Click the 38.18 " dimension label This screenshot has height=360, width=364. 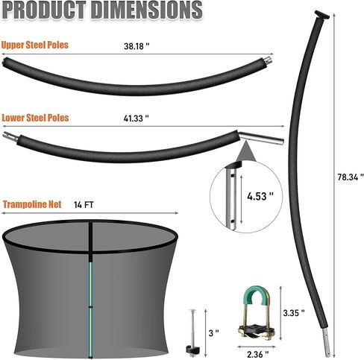point(136,46)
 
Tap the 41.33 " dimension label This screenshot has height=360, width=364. point(136,119)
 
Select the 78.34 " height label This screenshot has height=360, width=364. point(351,177)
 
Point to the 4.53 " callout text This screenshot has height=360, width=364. point(260,196)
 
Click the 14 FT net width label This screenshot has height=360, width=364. point(84,205)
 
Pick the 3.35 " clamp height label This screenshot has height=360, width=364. point(294,313)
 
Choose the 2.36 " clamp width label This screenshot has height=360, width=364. point(258,354)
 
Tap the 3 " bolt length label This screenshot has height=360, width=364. point(214,333)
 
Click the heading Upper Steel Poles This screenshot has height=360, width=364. point(35,45)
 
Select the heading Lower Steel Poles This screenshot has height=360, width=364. point(35,118)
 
